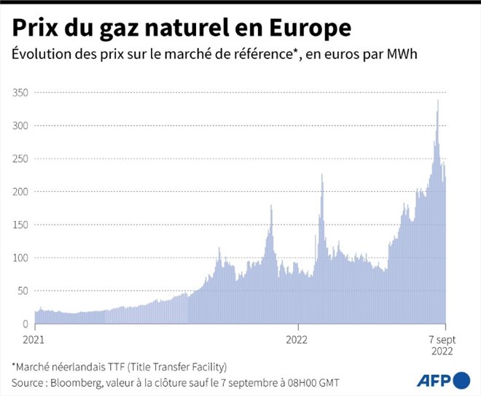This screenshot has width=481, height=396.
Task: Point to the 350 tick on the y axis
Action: pos(22,93)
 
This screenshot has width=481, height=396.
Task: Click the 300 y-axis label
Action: pos(22,125)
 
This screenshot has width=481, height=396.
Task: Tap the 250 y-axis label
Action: pos(22,158)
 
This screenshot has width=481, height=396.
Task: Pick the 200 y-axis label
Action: pos(22,191)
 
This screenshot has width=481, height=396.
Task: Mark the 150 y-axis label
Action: pos(22,225)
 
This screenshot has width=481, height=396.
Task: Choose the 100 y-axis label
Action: pos(22,257)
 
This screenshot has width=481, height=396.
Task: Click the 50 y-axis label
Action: pos(24,290)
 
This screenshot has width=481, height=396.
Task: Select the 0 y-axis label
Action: pos(26,323)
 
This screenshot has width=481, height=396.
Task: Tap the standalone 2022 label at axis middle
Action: pos(297,339)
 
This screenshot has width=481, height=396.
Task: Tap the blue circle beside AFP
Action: pos(461,380)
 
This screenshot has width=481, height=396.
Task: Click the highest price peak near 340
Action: pos(437,101)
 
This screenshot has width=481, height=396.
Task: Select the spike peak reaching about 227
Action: pos(321,175)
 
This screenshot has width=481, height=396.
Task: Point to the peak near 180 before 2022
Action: pos(271,206)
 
